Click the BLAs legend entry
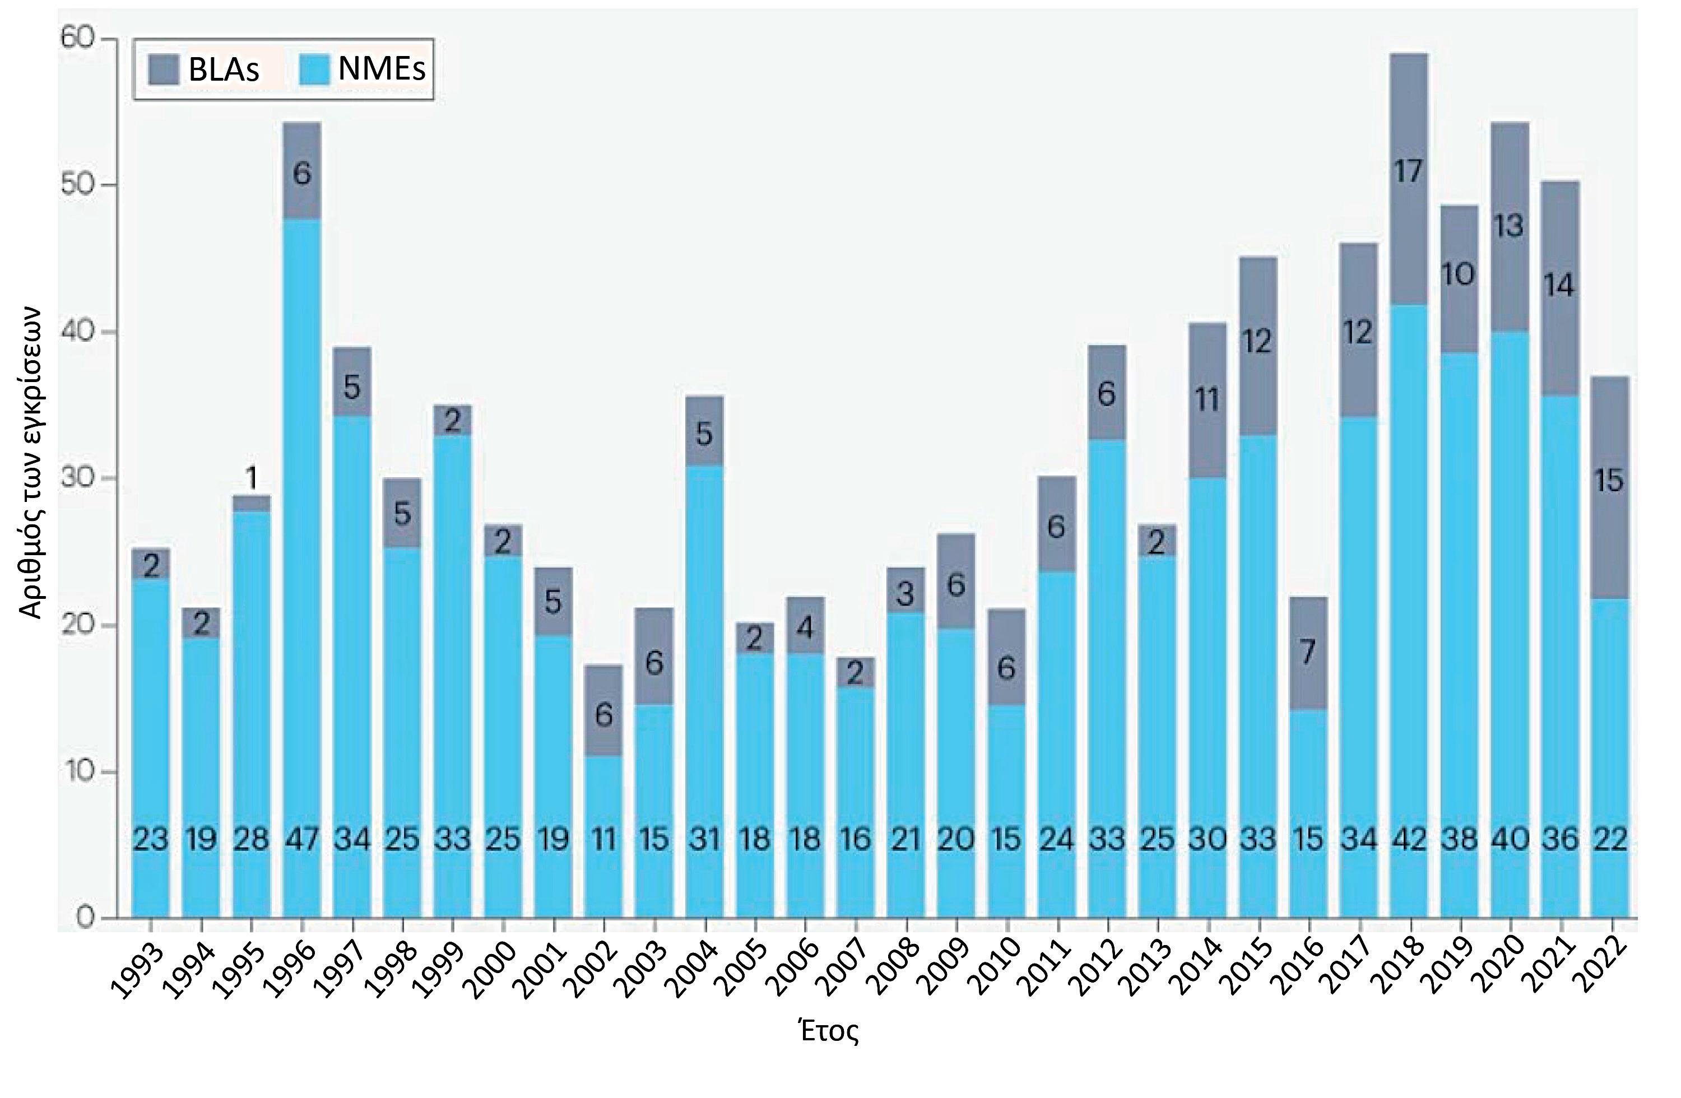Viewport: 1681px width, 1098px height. pos(203,69)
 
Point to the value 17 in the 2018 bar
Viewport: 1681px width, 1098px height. pos(1409,171)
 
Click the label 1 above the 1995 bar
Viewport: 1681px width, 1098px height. pos(252,479)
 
